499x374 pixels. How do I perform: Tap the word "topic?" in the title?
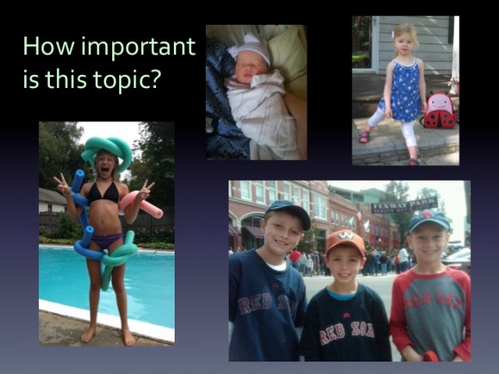click(x=126, y=78)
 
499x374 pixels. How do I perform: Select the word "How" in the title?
click(x=42, y=47)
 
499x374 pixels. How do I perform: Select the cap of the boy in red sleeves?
click(x=430, y=219)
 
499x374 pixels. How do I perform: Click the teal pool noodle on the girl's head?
click(x=107, y=148)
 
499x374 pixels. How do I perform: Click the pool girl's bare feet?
click(x=107, y=335)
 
